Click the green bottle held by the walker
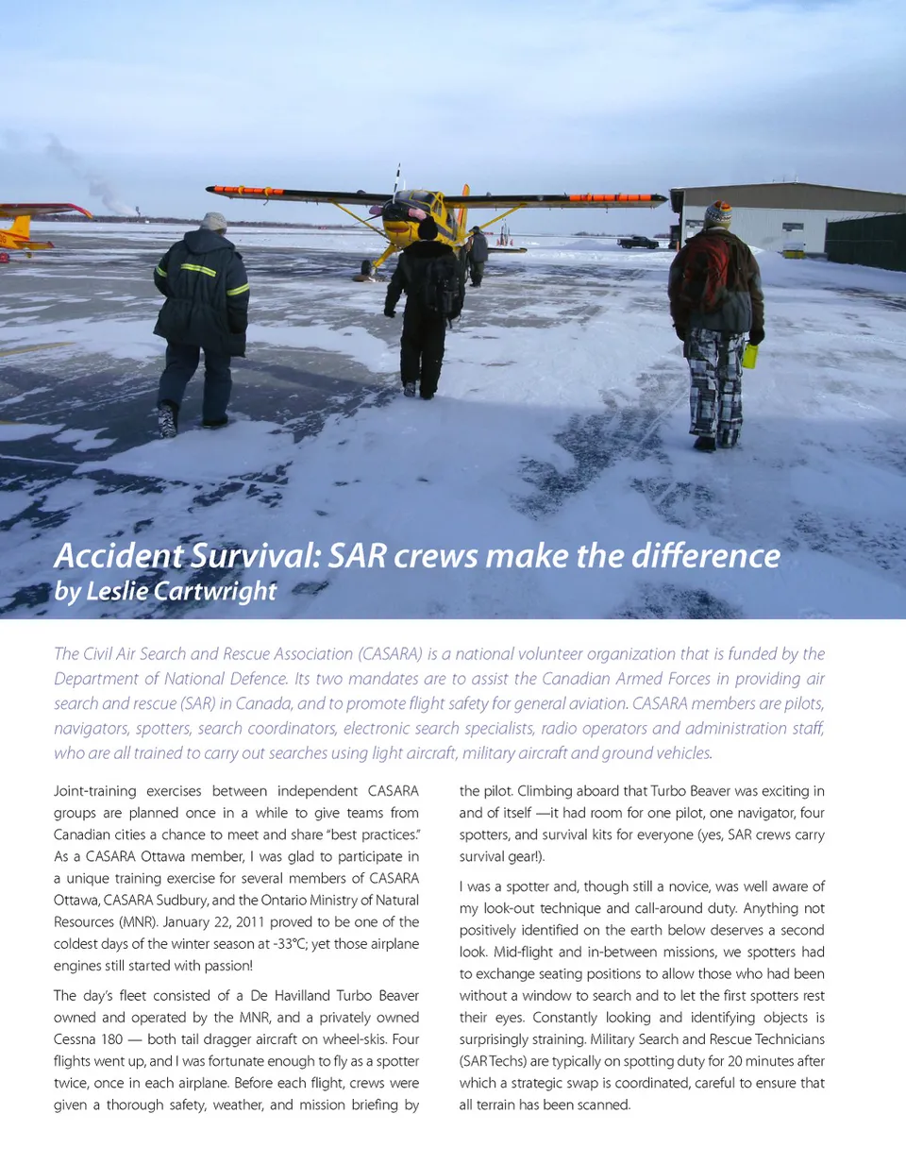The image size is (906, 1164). pyautogui.click(x=750, y=355)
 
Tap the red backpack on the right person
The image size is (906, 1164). pyautogui.click(x=706, y=273)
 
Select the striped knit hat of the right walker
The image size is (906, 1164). pyautogui.click(x=718, y=214)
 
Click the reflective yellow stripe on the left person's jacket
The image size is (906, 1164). pyautogui.click(x=199, y=270)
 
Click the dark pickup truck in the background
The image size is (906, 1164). pyautogui.click(x=637, y=242)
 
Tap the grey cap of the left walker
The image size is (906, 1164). pyautogui.click(x=214, y=222)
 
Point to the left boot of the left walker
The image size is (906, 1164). pyautogui.click(x=168, y=422)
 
